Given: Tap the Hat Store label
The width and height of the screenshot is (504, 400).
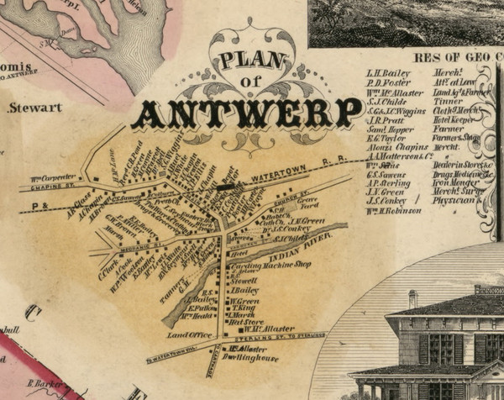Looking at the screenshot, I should (x=246, y=321).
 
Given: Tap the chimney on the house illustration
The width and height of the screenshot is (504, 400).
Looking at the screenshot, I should (x=412, y=298).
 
